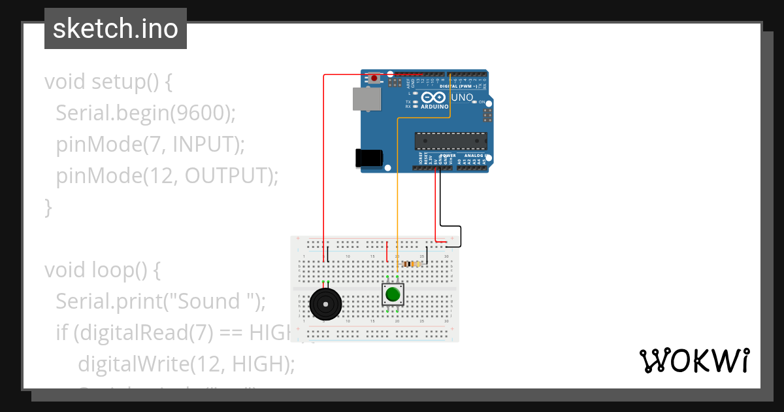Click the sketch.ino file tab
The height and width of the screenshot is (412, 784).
[x=116, y=29]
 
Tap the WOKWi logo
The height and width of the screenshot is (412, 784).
[x=694, y=360]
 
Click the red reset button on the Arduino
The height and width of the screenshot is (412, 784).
[x=374, y=78]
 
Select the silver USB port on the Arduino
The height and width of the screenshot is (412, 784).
[x=366, y=99]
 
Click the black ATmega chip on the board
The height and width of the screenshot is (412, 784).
[x=451, y=141]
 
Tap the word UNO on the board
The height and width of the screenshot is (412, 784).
[x=462, y=97]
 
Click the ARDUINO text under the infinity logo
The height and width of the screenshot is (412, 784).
[x=434, y=106]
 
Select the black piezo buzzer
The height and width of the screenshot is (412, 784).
[x=325, y=304]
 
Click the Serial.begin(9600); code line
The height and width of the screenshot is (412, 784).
[x=145, y=113]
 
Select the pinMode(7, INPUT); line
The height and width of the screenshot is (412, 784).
[x=150, y=145]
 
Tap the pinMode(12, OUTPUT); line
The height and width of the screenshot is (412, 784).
[x=167, y=176]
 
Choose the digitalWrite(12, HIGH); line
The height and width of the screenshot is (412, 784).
[x=186, y=364]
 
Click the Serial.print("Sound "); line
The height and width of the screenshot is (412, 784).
[x=161, y=301]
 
